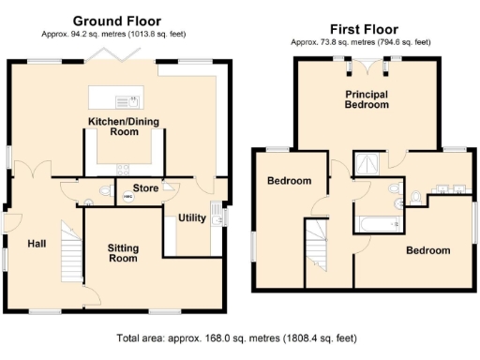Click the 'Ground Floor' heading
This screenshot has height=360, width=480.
pos(116,21)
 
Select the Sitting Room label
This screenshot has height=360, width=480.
pos(123,253)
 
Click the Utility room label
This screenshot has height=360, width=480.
pos(191,218)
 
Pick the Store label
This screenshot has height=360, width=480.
pos(144,188)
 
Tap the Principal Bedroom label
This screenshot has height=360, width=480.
pos(367,100)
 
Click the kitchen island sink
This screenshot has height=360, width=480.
pos(125,99)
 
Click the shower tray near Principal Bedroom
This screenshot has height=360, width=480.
pos(367,162)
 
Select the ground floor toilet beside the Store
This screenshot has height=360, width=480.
pos(83,197)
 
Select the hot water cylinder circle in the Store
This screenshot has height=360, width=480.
pos(129,197)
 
